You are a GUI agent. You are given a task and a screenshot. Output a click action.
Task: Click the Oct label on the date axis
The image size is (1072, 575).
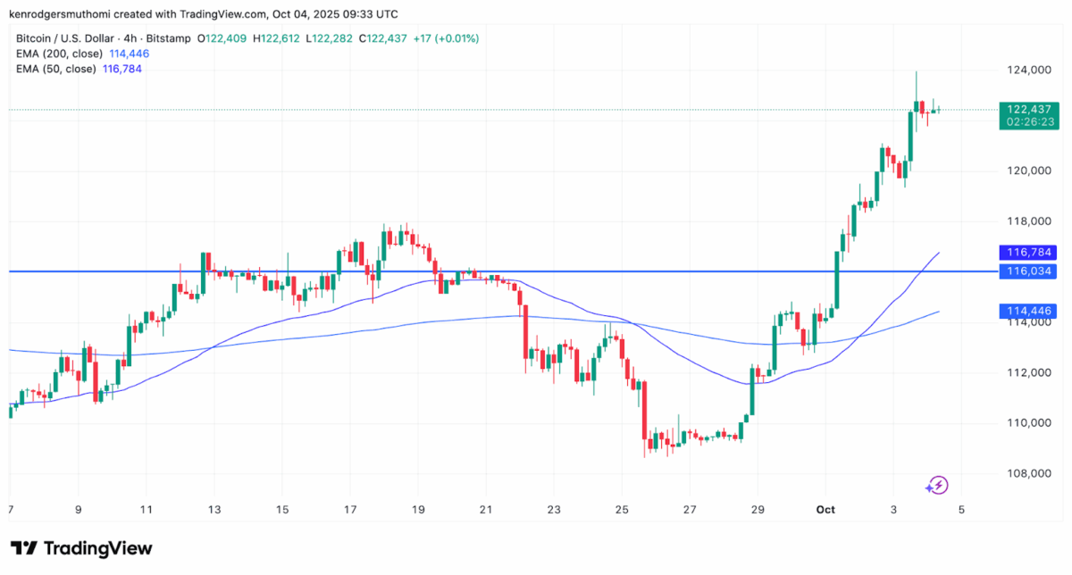click(x=825, y=509)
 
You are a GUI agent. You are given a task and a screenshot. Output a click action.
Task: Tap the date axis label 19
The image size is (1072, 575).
click(x=418, y=509)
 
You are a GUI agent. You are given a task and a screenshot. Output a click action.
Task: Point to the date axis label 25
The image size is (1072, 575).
click(x=622, y=509)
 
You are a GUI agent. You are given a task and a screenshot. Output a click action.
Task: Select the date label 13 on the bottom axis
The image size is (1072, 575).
click(x=214, y=509)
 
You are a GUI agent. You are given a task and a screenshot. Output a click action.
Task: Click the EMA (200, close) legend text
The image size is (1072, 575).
click(x=55, y=54)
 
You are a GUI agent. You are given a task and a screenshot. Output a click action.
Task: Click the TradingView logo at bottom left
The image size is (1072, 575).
click(x=81, y=548)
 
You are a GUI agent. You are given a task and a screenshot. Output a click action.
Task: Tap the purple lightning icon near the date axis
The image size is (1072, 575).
click(x=937, y=486)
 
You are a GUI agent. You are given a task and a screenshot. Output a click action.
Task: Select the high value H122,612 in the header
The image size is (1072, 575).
click(x=277, y=38)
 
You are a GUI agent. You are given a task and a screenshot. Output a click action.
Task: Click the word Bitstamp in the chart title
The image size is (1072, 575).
click(x=171, y=38)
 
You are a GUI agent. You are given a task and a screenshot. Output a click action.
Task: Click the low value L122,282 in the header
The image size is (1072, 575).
click(x=331, y=38)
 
